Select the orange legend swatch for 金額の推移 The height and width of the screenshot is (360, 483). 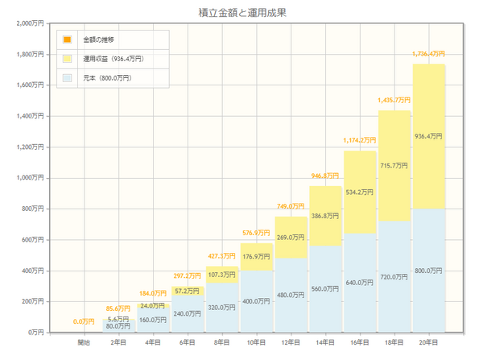(x=67, y=39)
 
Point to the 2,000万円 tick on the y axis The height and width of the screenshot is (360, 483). (x=29, y=23)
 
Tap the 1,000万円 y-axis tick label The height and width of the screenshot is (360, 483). (x=29, y=178)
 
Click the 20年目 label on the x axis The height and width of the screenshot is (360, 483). (x=428, y=343)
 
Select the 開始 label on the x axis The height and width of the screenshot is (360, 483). (x=84, y=343)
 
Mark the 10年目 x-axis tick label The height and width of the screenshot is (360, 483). (x=256, y=343)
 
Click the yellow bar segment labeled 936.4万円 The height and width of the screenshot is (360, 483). (x=428, y=136)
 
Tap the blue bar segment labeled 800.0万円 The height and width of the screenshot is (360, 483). (x=428, y=271)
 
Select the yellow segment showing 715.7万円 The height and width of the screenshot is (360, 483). (x=394, y=166)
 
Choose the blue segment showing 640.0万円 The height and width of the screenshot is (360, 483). (x=359, y=283)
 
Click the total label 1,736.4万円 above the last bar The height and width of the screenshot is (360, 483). (x=428, y=53)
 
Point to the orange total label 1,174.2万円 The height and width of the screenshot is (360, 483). (x=359, y=140)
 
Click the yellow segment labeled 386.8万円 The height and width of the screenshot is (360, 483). (x=325, y=216)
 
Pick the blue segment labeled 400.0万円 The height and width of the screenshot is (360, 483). (x=256, y=300)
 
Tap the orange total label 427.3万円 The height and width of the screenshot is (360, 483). (x=221, y=255)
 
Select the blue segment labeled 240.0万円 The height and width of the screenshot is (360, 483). (x=187, y=313)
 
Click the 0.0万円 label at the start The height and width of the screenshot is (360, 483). (x=84, y=322)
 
